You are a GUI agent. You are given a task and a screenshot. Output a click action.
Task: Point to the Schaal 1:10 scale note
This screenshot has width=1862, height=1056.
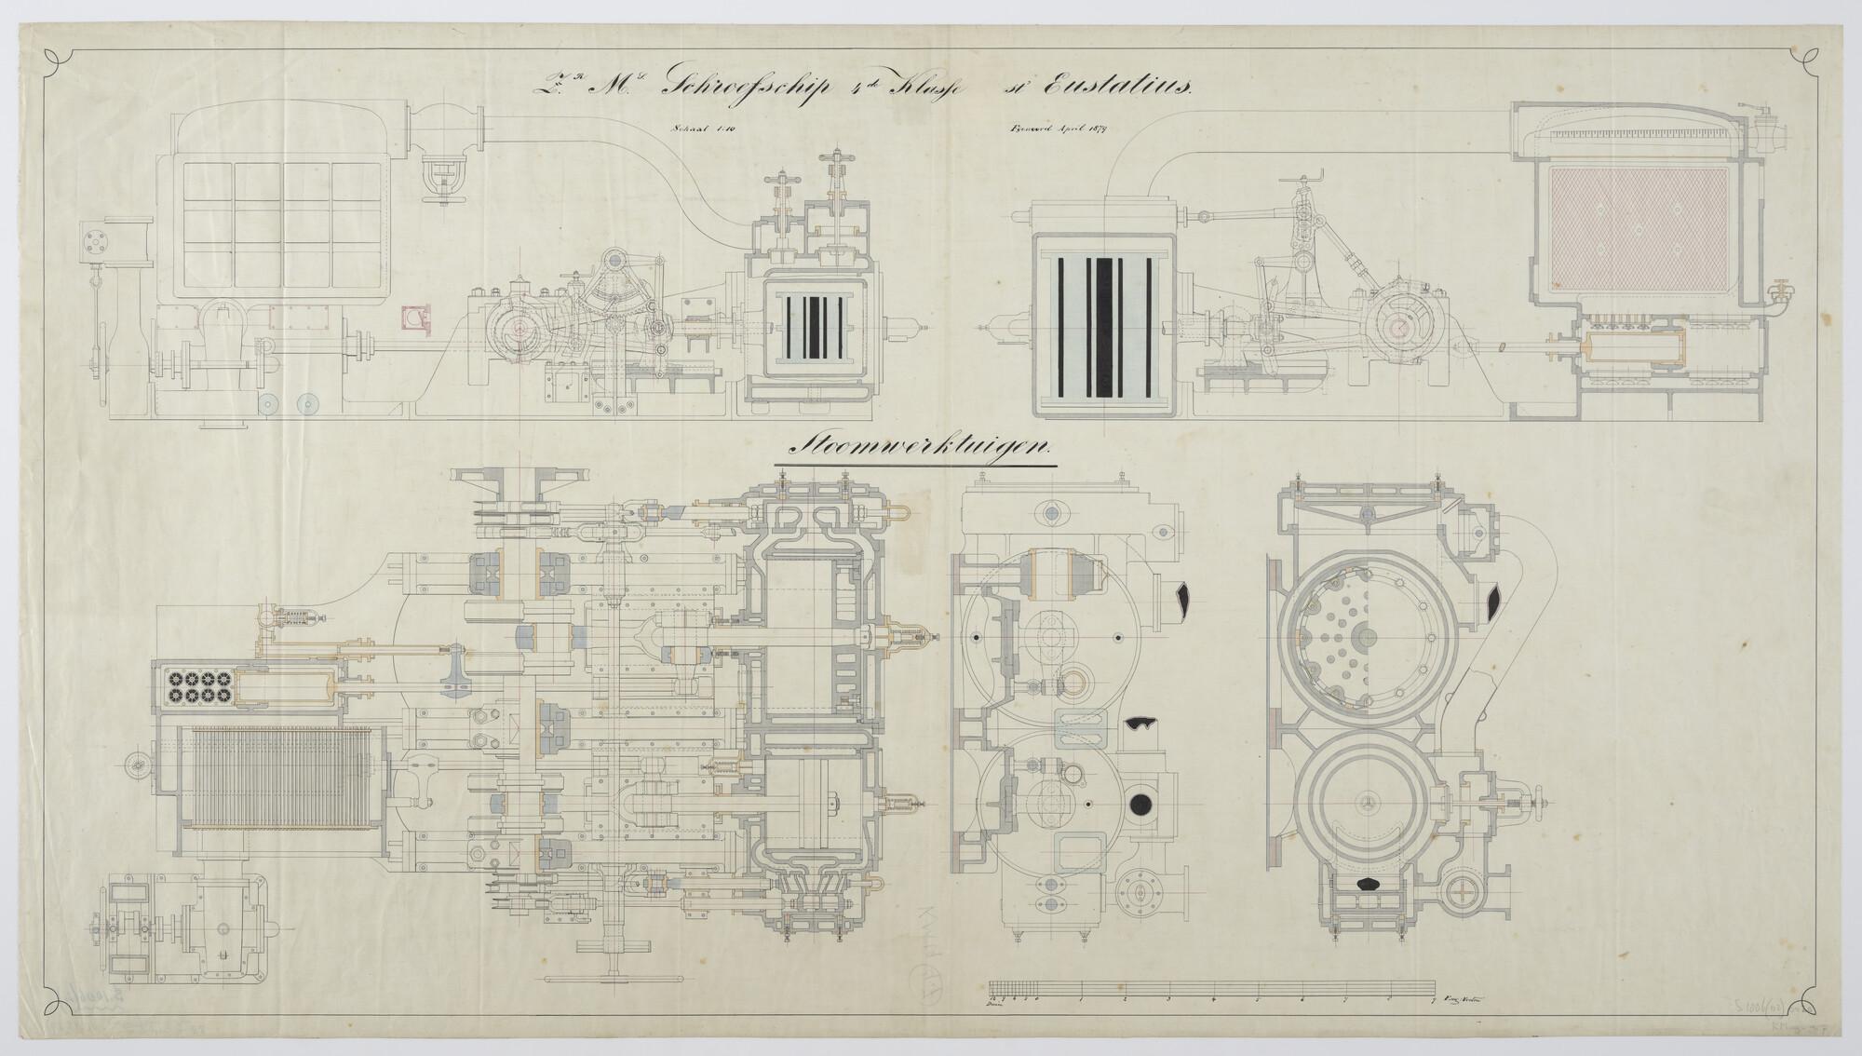(709, 132)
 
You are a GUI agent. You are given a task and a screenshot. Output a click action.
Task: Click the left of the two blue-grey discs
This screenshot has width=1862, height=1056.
(270, 403)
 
